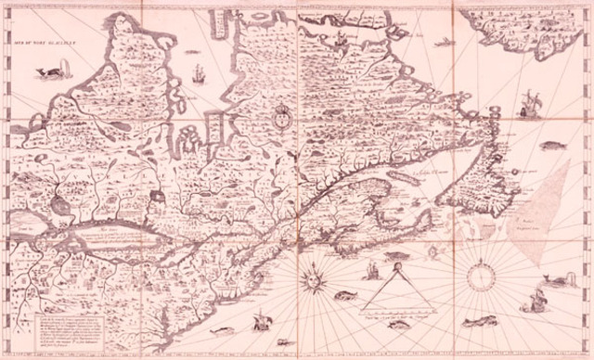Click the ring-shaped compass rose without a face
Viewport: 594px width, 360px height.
point(482,276)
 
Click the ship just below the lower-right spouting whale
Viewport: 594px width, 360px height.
point(535,301)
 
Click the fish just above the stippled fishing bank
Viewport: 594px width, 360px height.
point(551,146)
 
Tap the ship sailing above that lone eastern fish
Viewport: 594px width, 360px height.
point(528,103)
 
